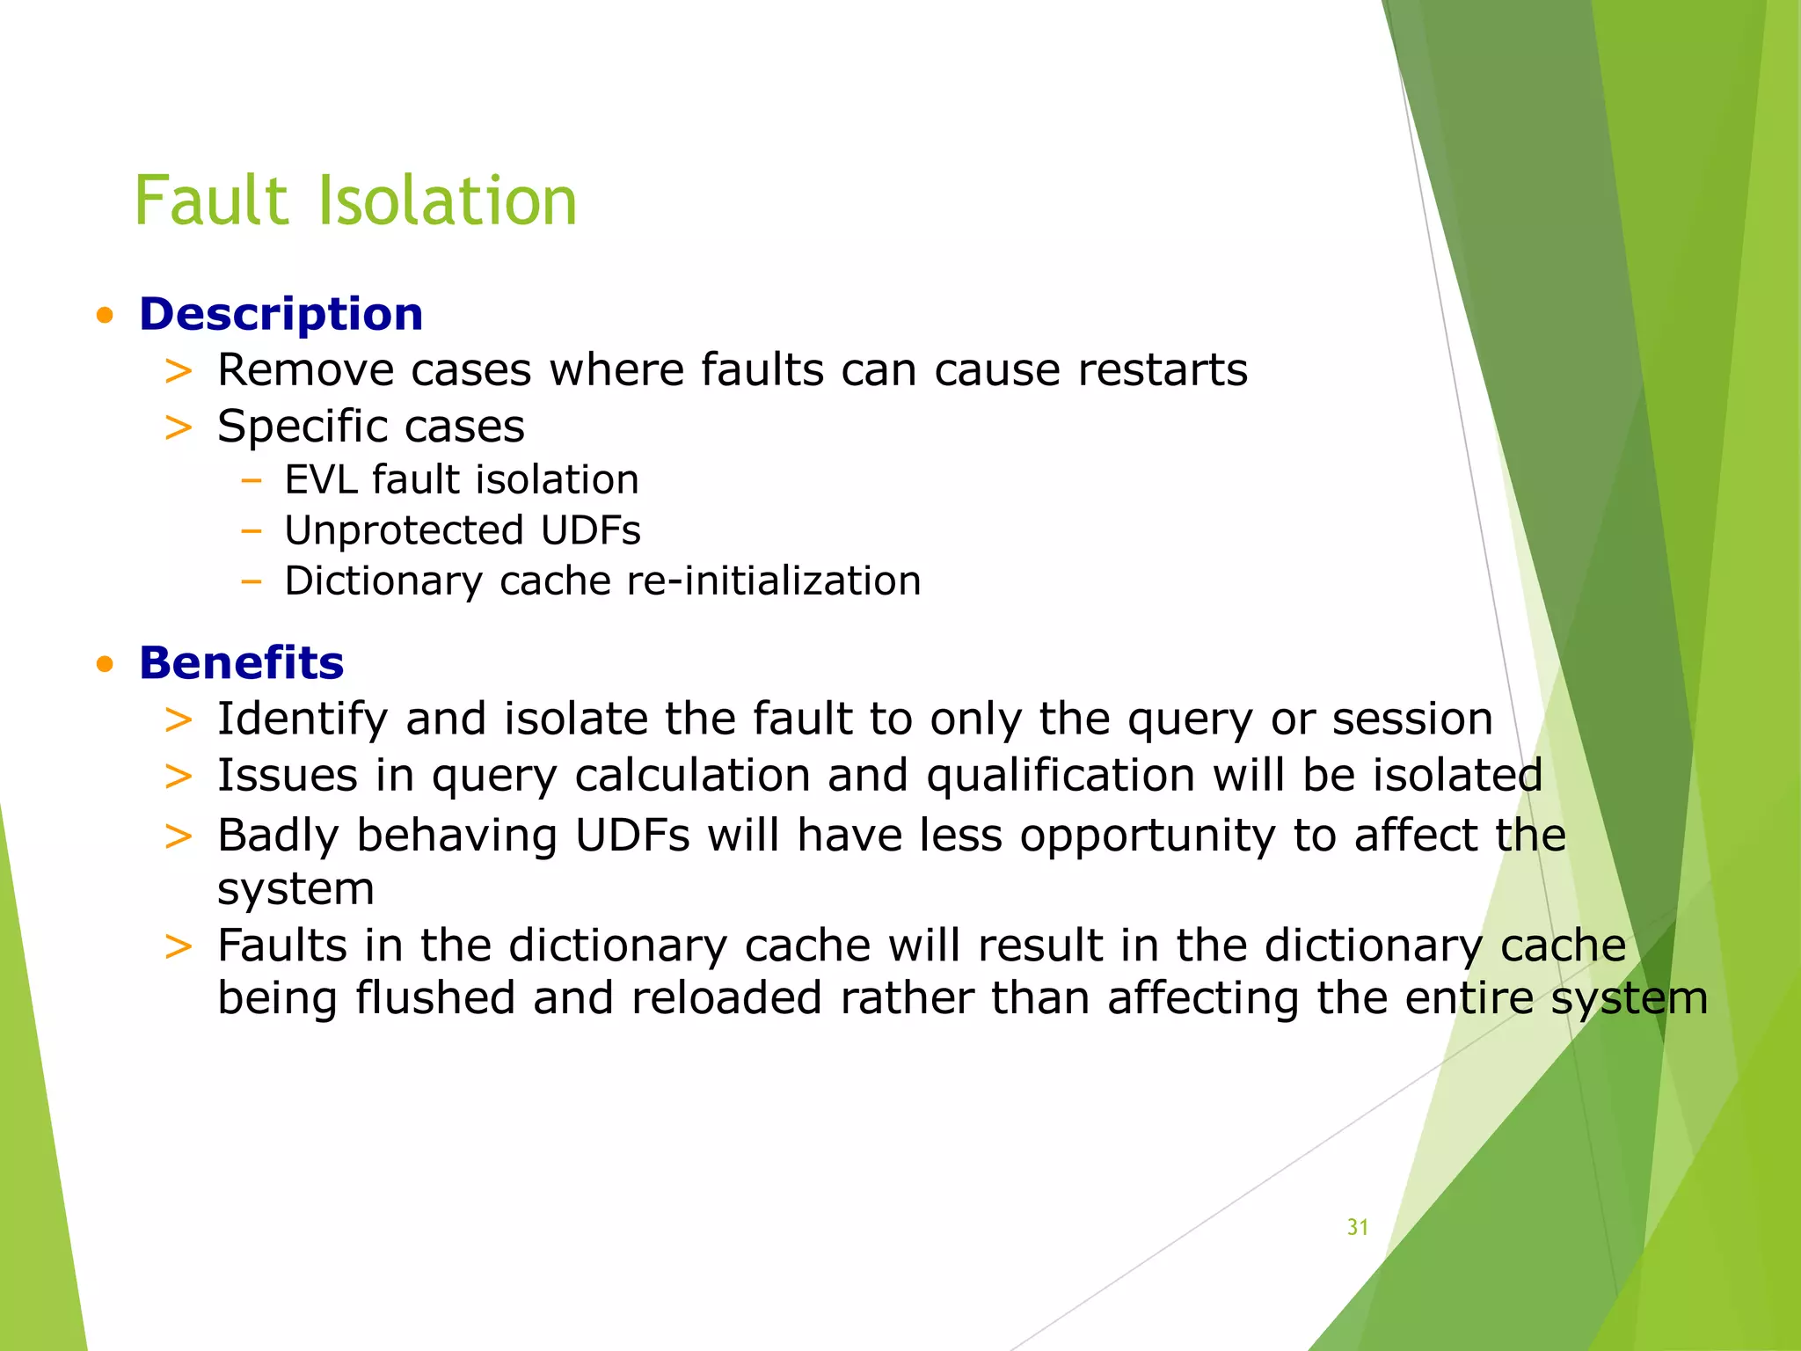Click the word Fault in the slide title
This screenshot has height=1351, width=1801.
pos(211,201)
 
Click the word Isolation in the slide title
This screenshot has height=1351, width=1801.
pos(446,201)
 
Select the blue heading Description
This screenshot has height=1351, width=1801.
pos(281,314)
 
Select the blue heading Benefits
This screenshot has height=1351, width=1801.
pos(241,662)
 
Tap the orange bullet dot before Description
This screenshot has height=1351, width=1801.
pos(106,316)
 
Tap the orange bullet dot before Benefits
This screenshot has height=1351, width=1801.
pos(106,664)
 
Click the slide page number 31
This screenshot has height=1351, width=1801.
pos(1357,1227)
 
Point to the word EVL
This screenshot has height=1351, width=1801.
pos(320,480)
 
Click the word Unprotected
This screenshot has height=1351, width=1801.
pos(404,530)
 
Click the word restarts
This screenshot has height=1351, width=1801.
pos(1163,369)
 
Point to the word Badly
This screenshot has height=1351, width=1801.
pos(278,836)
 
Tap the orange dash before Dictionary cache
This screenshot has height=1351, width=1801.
pos(252,581)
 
